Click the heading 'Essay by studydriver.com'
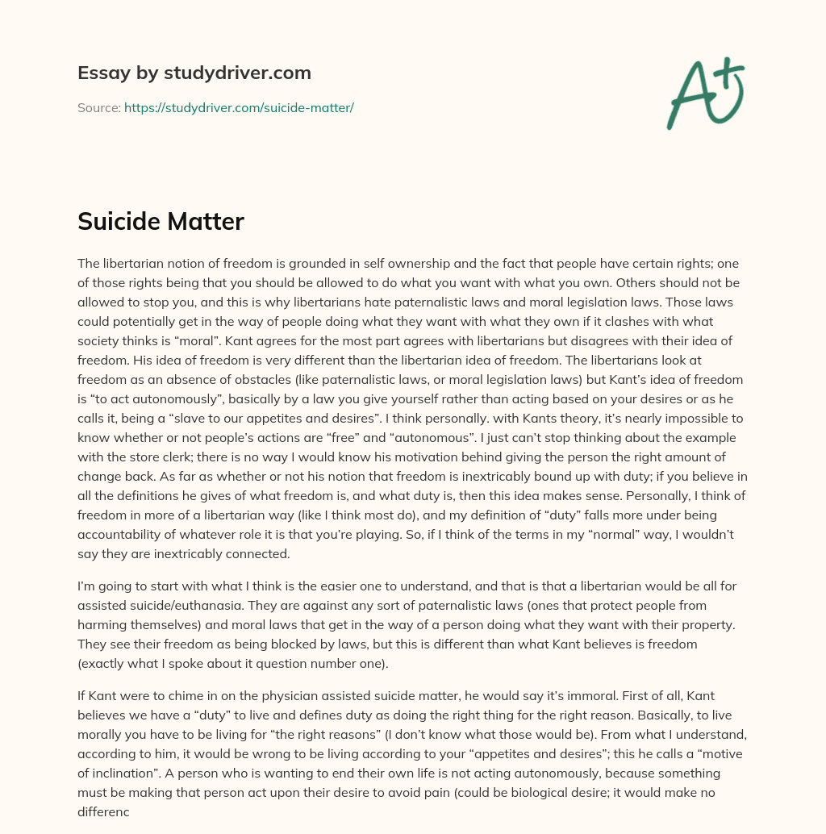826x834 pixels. coord(194,73)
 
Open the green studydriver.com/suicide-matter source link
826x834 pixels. coord(239,107)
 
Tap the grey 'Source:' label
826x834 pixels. coord(99,107)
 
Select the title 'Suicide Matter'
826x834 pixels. coord(161,221)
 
